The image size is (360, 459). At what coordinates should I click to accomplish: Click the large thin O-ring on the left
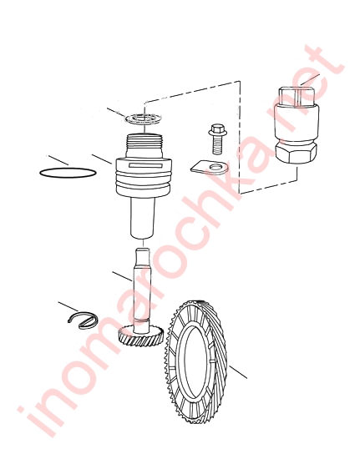pos(68,168)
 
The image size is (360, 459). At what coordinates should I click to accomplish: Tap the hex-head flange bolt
pos(217,139)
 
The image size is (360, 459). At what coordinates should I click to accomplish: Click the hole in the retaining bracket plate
pos(215,168)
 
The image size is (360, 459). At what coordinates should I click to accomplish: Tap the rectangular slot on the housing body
pos(145,166)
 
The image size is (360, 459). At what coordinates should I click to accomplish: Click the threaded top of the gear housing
pos(145,142)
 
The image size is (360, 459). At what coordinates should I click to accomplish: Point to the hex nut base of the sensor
pos(297,152)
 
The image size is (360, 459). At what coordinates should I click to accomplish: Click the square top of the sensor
pos(297,96)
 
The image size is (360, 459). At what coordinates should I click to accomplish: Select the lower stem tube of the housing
pos(143,218)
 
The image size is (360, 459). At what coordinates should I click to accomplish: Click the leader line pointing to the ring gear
pos(238,372)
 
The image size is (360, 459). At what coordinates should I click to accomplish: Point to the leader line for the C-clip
pos(68,306)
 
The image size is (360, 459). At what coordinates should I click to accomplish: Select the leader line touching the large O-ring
pos(58,160)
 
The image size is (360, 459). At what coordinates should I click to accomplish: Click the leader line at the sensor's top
pos(310,79)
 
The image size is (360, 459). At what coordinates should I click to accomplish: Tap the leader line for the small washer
pos(117,113)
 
